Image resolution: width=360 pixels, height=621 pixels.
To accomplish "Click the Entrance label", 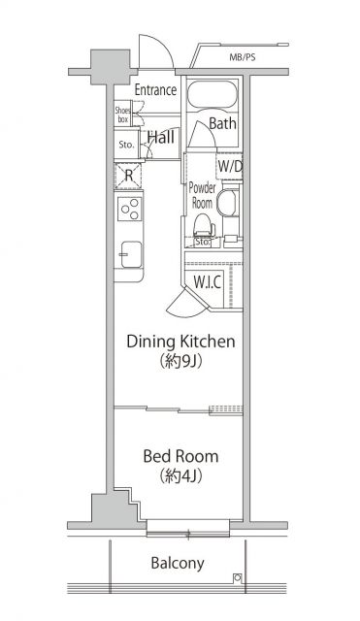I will (155, 90).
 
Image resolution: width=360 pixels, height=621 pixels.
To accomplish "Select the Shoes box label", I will (123, 114).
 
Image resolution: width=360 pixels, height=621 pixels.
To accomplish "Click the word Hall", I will (161, 139).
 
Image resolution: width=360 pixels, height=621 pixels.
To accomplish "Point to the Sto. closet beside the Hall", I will (126, 145).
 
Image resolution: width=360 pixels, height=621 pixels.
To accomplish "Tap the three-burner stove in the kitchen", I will (129, 208).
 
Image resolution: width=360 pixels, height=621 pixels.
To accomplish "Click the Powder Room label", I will (202, 195).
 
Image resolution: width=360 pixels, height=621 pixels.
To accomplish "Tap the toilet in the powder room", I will (202, 226).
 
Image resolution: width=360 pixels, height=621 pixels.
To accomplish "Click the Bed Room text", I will (180, 456).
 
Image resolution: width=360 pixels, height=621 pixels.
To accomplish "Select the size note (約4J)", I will (180, 477).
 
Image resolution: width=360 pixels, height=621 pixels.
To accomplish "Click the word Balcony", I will (177, 563).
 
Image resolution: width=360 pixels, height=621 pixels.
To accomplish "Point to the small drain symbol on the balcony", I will (238, 578).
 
